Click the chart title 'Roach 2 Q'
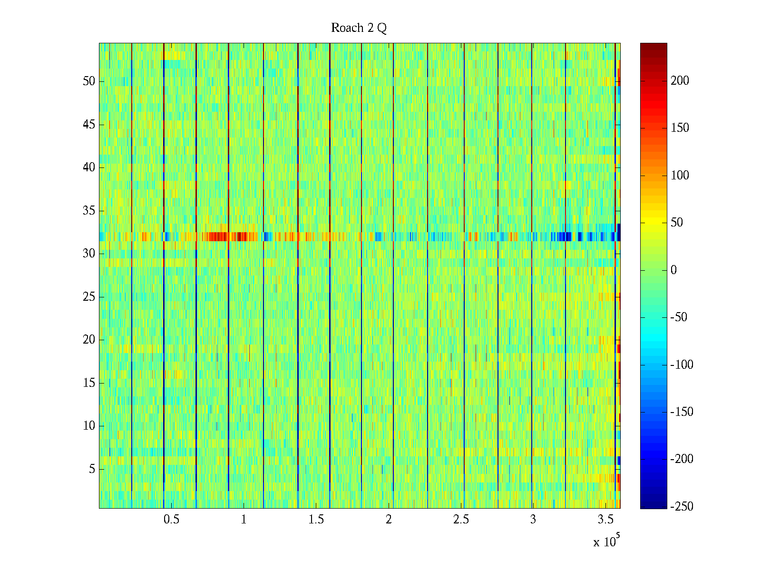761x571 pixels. tap(359, 28)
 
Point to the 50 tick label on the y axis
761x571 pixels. tap(89, 81)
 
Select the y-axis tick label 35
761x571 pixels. tap(89, 210)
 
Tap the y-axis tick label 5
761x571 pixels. tap(92, 469)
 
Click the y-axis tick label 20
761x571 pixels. tap(89, 339)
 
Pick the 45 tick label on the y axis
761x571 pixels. tap(89, 124)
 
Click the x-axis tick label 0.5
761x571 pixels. tap(171, 520)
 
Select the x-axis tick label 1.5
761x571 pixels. tap(316, 520)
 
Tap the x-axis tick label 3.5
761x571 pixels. tap(605, 520)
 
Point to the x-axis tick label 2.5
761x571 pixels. tap(461, 520)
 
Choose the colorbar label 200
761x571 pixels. tap(680, 80)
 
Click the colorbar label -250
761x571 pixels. tap(682, 506)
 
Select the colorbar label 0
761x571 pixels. tap(673, 270)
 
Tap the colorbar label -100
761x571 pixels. tap(682, 364)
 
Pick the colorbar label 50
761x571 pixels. tap(677, 222)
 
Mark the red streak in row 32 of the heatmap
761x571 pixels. tap(231, 236)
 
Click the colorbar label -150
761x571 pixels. tap(682, 412)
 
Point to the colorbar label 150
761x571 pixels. tap(680, 128)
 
